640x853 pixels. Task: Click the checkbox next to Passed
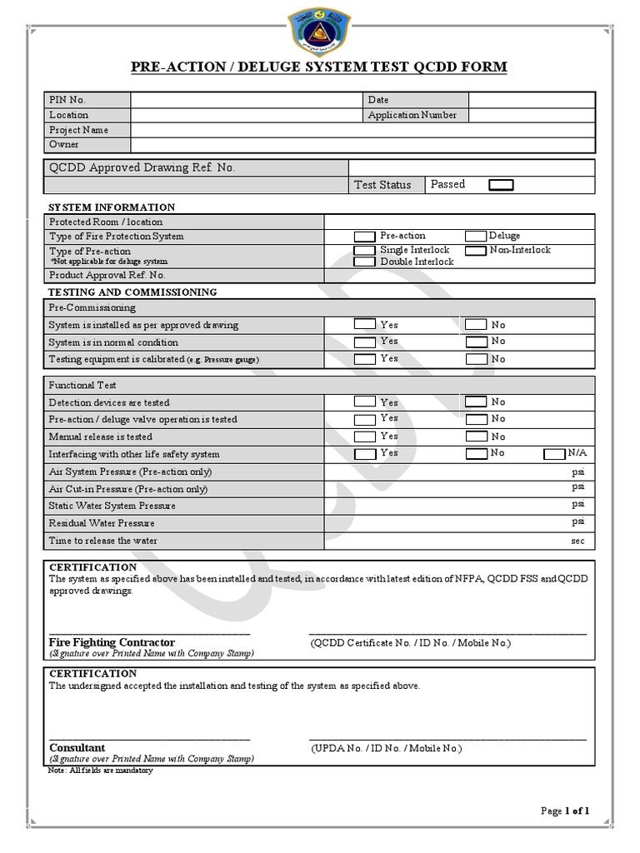click(x=501, y=185)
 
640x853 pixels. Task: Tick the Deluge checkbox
click(x=476, y=237)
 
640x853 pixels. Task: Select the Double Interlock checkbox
click(x=364, y=262)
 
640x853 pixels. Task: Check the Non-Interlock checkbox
click(x=476, y=250)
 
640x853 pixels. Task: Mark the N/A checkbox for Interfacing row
click(x=553, y=454)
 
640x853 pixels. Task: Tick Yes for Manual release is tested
click(x=364, y=436)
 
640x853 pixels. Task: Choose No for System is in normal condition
click(x=476, y=342)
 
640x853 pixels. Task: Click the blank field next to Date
click(x=531, y=100)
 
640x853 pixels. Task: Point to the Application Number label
click(x=412, y=115)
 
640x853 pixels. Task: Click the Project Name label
click(x=78, y=130)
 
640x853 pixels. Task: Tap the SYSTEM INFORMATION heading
click(x=112, y=207)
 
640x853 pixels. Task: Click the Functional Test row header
click(x=82, y=386)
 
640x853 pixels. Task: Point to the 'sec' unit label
click(x=577, y=541)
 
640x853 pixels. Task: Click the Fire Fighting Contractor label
click(x=112, y=642)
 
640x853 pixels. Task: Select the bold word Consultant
click(x=77, y=748)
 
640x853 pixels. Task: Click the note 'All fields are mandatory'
click(x=101, y=771)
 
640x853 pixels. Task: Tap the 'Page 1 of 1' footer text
click(x=565, y=811)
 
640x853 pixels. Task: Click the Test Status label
click(x=382, y=185)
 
